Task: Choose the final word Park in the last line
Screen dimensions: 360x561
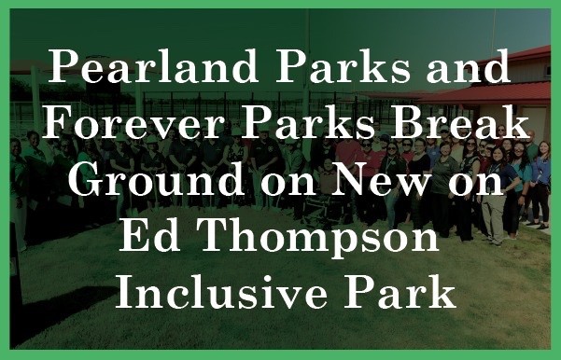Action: click(x=399, y=292)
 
